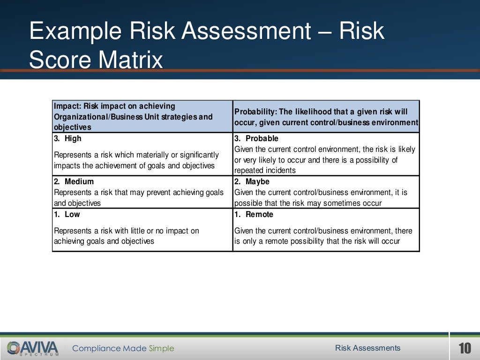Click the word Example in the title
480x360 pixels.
(75, 31)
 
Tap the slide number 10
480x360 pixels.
(465, 348)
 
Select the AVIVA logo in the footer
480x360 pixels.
(33, 348)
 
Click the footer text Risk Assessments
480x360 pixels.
(367, 348)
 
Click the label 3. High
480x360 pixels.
(68, 138)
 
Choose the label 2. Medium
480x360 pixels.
(74, 181)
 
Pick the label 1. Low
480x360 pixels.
(67, 214)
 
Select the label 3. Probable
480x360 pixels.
(256, 138)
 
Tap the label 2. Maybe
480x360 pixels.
(252, 181)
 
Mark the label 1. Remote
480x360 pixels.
(254, 214)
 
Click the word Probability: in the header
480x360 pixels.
(255, 112)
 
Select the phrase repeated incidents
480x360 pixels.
(265, 171)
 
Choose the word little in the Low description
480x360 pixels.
(132, 231)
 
